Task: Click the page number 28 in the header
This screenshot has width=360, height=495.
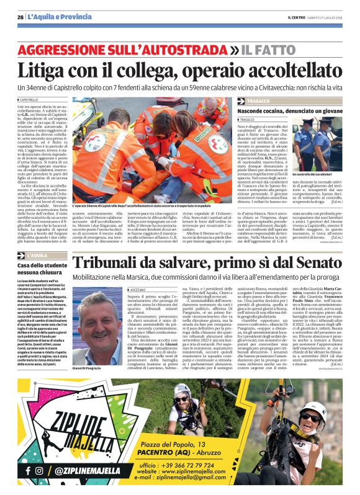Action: pyautogui.click(x=21, y=17)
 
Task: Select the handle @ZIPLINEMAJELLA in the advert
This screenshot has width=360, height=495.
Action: pyautogui.click(x=83, y=471)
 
